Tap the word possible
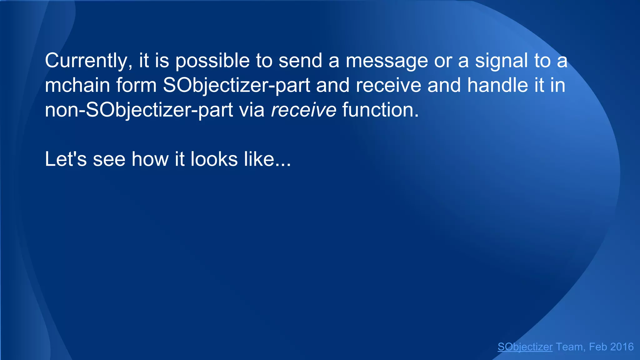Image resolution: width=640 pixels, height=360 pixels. point(212,61)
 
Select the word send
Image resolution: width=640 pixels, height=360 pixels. point(300,61)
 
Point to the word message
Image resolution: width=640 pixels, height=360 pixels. point(387,61)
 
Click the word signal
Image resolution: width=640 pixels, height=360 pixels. point(502,61)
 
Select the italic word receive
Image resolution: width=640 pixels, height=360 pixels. point(303,110)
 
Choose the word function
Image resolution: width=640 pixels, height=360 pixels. point(380,110)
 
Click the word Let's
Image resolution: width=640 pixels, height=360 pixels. point(66,159)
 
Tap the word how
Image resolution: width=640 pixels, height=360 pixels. point(150,159)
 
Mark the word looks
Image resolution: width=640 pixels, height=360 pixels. point(214,159)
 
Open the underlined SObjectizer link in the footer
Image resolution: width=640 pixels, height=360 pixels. point(525,347)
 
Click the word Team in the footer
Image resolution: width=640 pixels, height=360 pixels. point(569,347)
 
